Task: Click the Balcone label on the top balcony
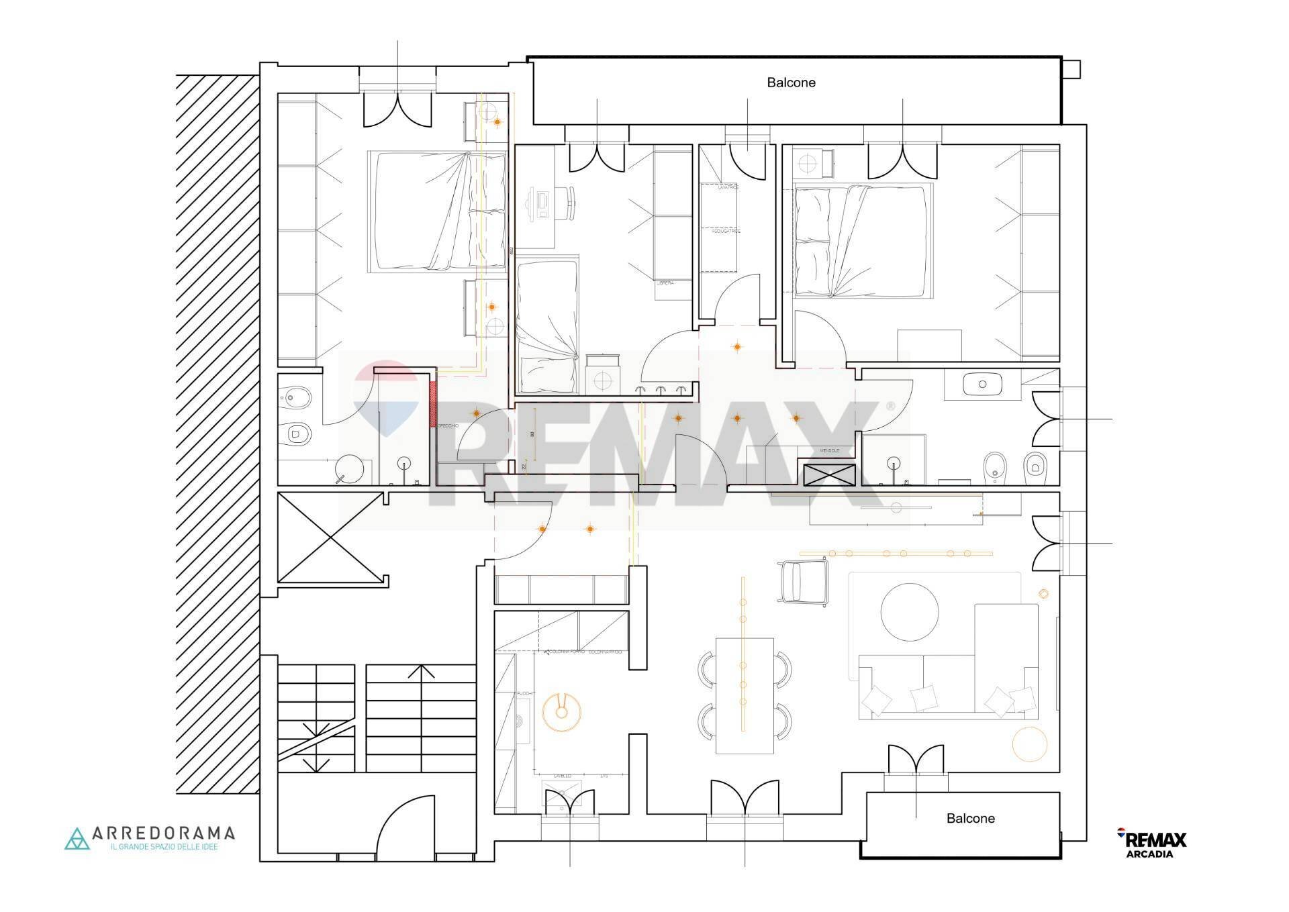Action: coord(791,83)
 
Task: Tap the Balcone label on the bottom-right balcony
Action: coord(970,818)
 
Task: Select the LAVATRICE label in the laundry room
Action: coord(728,188)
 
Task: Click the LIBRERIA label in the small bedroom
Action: coord(665,283)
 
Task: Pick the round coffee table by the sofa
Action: coord(910,611)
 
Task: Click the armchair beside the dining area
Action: coord(804,581)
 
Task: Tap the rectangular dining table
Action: coord(745,695)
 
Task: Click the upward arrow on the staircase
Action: coord(421,670)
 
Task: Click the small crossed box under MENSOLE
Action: coord(829,474)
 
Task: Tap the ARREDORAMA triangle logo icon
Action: coord(77,839)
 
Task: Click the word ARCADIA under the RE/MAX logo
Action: coord(1149,854)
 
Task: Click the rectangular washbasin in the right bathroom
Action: coord(982,385)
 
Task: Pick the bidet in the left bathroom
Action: coord(293,397)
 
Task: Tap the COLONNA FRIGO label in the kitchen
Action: coord(605,652)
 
